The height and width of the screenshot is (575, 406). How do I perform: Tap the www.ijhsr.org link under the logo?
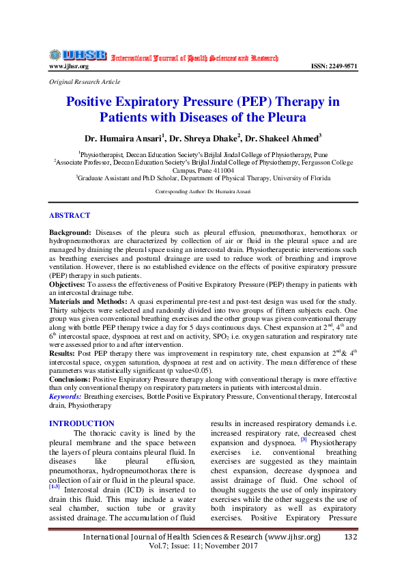click(x=69, y=66)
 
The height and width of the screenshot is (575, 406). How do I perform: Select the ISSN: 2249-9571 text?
click(x=334, y=66)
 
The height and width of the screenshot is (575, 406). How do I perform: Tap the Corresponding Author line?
click(x=203, y=191)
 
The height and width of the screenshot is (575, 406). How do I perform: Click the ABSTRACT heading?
click(x=70, y=215)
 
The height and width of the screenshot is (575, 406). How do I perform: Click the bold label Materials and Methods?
click(x=87, y=300)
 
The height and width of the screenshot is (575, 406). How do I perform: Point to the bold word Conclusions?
click(x=70, y=377)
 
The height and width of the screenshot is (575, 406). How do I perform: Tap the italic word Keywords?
click(x=66, y=395)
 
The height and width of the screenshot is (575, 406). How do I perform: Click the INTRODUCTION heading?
click(x=81, y=423)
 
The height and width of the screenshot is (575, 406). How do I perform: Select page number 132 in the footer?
click(x=351, y=537)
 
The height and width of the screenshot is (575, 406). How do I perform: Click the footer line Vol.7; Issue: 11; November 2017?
click(x=203, y=548)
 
